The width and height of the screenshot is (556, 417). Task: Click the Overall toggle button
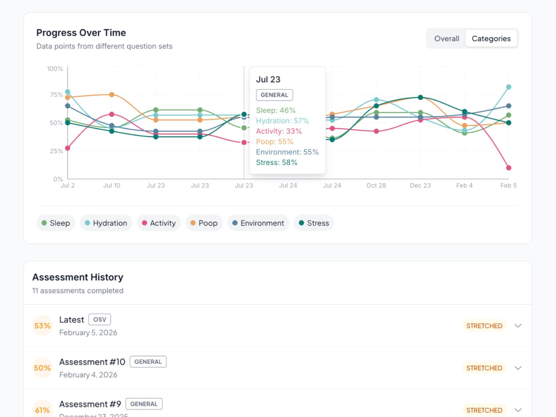(x=447, y=39)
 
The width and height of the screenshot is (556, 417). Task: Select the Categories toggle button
(x=491, y=39)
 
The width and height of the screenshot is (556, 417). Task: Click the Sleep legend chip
(x=56, y=223)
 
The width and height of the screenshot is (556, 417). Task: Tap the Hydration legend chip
(x=106, y=223)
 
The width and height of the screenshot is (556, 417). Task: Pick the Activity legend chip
(x=159, y=223)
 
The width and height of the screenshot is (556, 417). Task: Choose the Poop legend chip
(x=204, y=223)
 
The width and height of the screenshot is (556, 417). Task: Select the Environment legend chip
(x=258, y=223)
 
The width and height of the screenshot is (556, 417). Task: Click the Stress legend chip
(x=314, y=223)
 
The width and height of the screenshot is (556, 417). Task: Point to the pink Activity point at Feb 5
(x=508, y=168)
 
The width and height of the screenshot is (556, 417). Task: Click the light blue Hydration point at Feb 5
(x=508, y=87)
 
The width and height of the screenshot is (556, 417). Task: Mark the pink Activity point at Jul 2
(x=68, y=148)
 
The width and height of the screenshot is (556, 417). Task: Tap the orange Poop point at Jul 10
(x=112, y=95)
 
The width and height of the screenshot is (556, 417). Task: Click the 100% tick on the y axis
(x=55, y=69)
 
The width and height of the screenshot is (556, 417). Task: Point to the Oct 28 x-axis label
(x=376, y=186)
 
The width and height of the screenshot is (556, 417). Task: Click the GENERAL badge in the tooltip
(x=274, y=95)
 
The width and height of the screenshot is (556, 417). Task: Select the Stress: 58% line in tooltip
(x=277, y=163)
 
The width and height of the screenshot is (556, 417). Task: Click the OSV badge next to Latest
(x=99, y=319)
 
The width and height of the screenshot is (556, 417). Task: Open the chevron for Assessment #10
(x=518, y=368)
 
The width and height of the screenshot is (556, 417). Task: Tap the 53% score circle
(x=42, y=326)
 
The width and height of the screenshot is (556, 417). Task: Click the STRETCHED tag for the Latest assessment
(x=484, y=326)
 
